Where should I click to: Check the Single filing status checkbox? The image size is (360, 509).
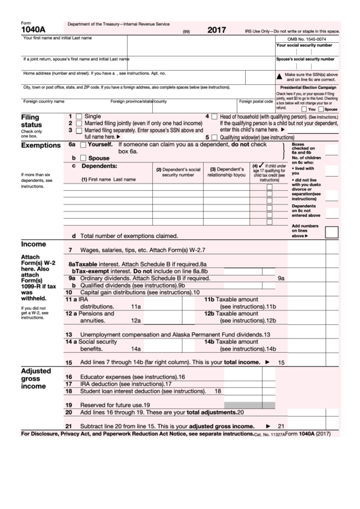point(79,116)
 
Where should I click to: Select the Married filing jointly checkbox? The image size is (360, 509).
point(79,123)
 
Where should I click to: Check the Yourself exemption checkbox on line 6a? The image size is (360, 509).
point(83,145)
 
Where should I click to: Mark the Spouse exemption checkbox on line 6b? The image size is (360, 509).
point(83,158)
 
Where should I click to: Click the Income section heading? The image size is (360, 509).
point(33,243)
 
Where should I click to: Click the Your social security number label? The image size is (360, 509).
point(304,46)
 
